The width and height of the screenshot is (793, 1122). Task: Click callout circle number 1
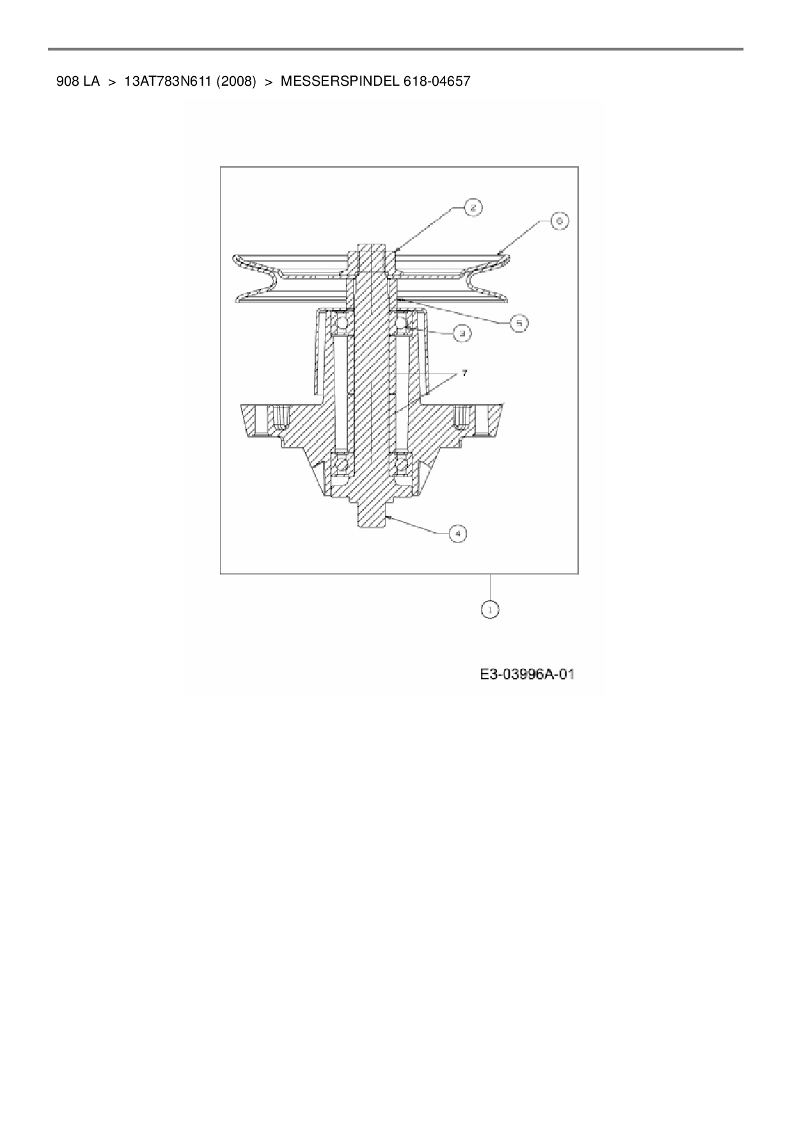pyautogui.click(x=490, y=610)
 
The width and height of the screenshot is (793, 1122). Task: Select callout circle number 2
pyautogui.click(x=473, y=207)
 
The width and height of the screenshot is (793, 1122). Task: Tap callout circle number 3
pyautogui.click(x=462, y=333)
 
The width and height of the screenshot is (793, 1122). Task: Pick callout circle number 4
pyautogui.click(x=457, y=533)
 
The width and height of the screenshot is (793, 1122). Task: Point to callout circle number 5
pyautogui.click(x=519, y=323)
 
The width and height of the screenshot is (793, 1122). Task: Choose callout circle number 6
pyautogui.click(x=558, y=221)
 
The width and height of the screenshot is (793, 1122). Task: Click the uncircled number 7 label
pyautogui.click(x=464, y=372)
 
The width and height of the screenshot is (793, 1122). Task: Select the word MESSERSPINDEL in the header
pyautogui.click(x=340, y=81)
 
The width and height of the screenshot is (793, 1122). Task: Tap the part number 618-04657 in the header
pyautogui.click(x=437, y=81)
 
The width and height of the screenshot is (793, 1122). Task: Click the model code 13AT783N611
pyautogui.click(x=168, y=81)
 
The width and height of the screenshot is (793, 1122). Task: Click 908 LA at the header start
pyautogui.click(x=77, y=81)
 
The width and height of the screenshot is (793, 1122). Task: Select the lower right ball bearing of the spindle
pyautogui.click(x=402, y=465)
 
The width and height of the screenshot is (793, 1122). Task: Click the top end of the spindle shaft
pyautogui.click(x=372, y=249)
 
